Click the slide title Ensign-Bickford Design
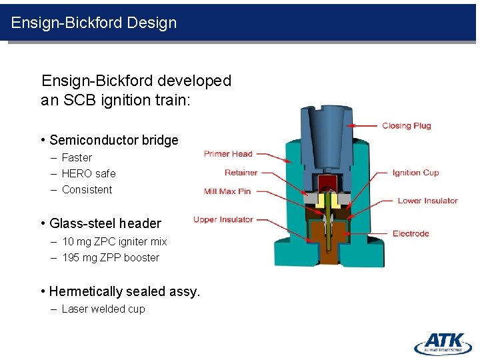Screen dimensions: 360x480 pyautogui.click(x=94, y=23)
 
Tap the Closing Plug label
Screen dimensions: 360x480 pyautogui.click(x=406, y=125)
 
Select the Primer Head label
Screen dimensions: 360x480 pyautogui.click(x=228, y=154)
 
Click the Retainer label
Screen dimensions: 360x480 pyautogui.click(x=241, y=173)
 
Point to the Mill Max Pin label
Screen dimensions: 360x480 pyautogui.click(x=227, y=191)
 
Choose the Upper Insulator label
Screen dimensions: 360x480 pyautogui.click(x=223, y=219)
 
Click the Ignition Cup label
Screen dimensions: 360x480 pyautogui.click(x=415, y=173)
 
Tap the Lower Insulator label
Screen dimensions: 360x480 pyautogui.click(x=427, y=201)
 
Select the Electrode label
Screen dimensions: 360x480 pyautogui.click(x=411, y=233)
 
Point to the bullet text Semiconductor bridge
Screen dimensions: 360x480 pyautogui.click(x=113, y=140)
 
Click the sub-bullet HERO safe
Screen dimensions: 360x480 pyautogui.click(x=89, y=173)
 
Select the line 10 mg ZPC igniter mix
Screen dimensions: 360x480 pyautogui.click(x=114, y=241)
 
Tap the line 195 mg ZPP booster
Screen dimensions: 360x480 pyautogui.click(x=111, y=257)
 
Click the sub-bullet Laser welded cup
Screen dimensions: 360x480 pyautogui.click(x=103, y=309)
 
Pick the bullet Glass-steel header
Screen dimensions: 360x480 pyautogui.click(x=105, y=223)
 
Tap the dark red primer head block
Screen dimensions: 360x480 pyautogui.click(x=326, y=183)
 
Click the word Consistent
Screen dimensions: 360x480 pyautogui.click(x=87, y=189)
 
